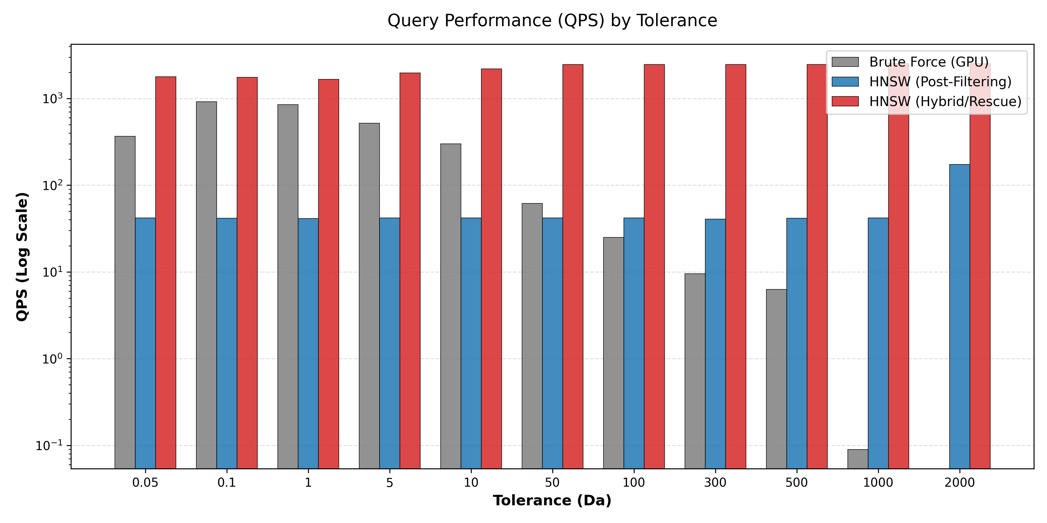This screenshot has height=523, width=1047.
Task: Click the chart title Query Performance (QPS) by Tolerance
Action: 552,20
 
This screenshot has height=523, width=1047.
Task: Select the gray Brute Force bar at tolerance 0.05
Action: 125,302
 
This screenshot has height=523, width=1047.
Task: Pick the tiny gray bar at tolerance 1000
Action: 858,458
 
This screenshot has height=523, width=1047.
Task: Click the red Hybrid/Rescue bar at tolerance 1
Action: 328,274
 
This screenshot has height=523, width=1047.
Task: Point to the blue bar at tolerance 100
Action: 634,343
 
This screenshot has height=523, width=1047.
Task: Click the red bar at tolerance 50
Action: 573,266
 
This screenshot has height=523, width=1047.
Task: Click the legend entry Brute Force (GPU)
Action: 929,62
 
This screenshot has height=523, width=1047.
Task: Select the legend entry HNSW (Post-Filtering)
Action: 940,82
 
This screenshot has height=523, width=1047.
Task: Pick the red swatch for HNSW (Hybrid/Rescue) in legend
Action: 845,101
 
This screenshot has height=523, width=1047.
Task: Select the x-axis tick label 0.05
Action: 145,483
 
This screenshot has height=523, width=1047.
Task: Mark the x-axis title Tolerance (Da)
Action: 552,501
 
